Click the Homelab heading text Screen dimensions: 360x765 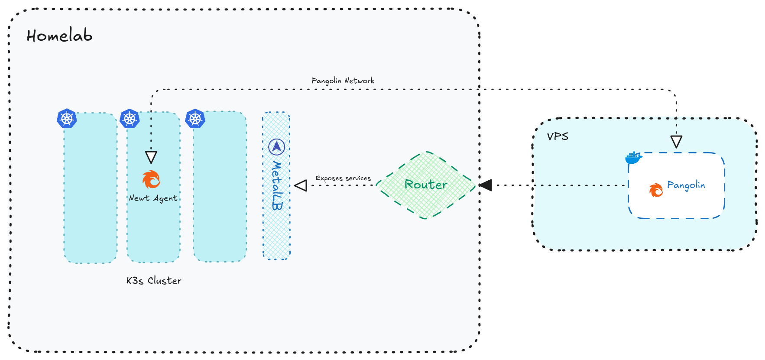tap(59, 35)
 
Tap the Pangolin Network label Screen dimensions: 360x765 tap(343, 81)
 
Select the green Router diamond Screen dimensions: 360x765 tap(426, 185)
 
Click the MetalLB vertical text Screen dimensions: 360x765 tap(277, 185)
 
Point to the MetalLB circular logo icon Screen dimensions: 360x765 tap(277, 147)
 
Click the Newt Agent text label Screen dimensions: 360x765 tap(153, 198)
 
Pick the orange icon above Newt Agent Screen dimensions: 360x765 tap(151, 179)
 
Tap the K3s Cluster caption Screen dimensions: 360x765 tap(154, 280)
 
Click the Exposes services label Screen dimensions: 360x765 tap(343, 178)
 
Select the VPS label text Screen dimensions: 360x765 tap(558, 136)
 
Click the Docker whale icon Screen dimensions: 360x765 tap(633, 158)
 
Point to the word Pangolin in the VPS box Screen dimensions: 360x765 tap(686, 185)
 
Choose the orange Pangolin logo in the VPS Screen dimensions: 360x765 tap(656, 190)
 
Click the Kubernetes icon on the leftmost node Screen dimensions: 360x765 tap(67, 118)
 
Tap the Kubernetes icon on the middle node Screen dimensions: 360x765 tap(130, 118)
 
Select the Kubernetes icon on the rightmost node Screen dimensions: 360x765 tap(195, 118)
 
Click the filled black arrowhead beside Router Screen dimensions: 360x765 tap(486, 185)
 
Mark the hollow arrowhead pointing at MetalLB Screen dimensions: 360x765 tap(301, 185)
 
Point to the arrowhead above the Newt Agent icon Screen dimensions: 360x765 tap(151, 157)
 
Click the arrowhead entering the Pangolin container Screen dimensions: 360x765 tap(676, 142)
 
